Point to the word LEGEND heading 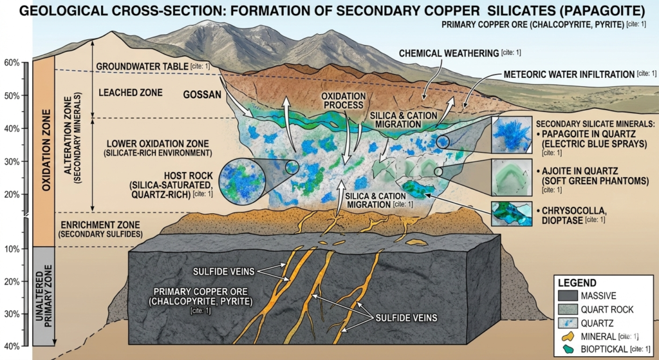[x=577, y=282]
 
